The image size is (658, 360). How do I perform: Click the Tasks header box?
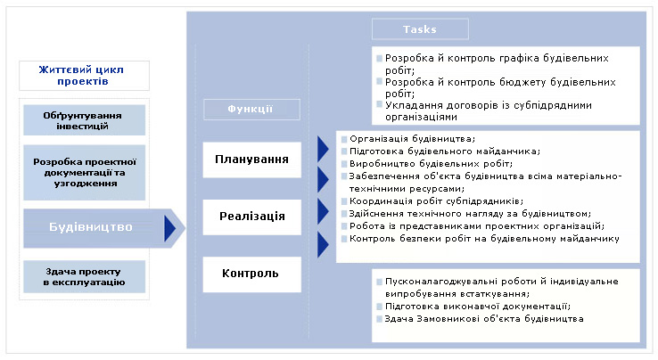tap(420, 29)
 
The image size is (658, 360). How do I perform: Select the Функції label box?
tap(251, 110)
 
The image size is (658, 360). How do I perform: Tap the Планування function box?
tap(251, 160)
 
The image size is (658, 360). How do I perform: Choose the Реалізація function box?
tap(251, 217)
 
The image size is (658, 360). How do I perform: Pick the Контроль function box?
tap(251, 274)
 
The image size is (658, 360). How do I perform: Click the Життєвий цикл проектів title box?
tap(84, 76)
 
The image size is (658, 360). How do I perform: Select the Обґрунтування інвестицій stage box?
tap(84, 120)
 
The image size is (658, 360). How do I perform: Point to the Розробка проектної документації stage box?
tap(84, 173)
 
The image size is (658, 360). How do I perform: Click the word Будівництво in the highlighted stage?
tap(91, 227)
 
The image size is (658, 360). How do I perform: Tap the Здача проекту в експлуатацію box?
tap(84, 276)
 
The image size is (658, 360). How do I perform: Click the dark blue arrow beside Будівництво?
tap(169, 228)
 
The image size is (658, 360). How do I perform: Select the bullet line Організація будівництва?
tap(412, 139)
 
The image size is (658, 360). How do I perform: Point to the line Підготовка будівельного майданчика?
tap(445, 151)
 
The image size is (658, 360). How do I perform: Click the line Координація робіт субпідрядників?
tap(436, 201)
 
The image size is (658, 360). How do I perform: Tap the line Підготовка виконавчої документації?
tap(478, 307)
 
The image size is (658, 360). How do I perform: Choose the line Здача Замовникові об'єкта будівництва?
tap(484, 319)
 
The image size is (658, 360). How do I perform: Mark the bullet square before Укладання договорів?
tap(379, 104)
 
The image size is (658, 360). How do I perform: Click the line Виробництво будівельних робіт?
tap(431, 164)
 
